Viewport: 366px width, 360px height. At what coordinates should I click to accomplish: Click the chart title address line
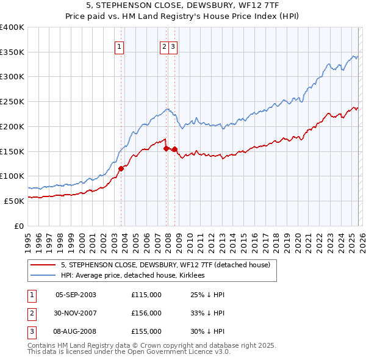pos(182,5)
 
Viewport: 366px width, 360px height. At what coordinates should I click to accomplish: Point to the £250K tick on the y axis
pos(12,102)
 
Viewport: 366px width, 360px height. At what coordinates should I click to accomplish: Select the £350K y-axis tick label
pos(12,52)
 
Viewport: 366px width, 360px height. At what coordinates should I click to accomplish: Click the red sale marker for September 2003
pos(121,168)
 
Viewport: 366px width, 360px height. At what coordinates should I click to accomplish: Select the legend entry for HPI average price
pos(132,275)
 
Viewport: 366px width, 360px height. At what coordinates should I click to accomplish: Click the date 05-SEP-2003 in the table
pos(76,295)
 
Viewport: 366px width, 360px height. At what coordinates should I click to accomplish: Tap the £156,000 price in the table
pos(146,313)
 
